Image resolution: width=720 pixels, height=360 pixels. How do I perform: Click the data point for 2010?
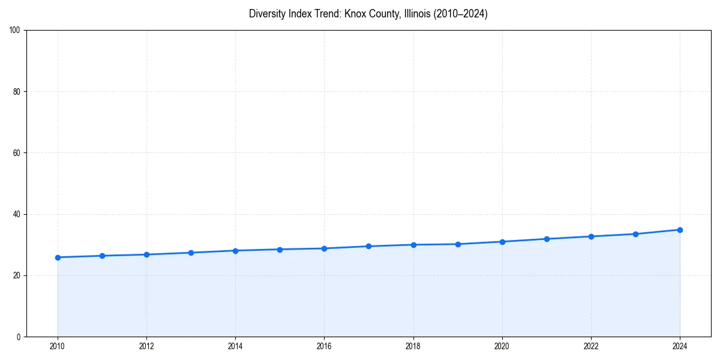tap(58, 257)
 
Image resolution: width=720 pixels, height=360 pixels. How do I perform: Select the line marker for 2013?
tap(191, 253)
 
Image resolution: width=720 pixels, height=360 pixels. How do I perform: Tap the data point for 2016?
tap(324, 248)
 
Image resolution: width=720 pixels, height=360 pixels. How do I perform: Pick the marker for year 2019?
tap(458, 244)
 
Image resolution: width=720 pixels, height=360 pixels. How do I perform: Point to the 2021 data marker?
tap(547, 239)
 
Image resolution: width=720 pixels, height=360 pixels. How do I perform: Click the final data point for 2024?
tap(680, 230)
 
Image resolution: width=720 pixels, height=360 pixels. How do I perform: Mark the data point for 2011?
tap(102, 256)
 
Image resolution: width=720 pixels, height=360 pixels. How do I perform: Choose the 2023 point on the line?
tap(635, 234)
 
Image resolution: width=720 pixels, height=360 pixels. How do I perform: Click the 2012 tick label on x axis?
tap(146, 346)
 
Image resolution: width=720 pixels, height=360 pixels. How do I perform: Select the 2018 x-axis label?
tap(413, 346)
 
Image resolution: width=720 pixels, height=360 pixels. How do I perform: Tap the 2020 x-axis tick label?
tap(502, 346)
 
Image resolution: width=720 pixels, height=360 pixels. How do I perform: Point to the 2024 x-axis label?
tap(680, 346)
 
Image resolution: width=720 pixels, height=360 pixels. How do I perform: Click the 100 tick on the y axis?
tap(16, 31)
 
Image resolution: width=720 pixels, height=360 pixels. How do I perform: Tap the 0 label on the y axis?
tap(19, 337)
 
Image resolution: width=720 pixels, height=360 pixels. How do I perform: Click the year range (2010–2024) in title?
tap(458, 14)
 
